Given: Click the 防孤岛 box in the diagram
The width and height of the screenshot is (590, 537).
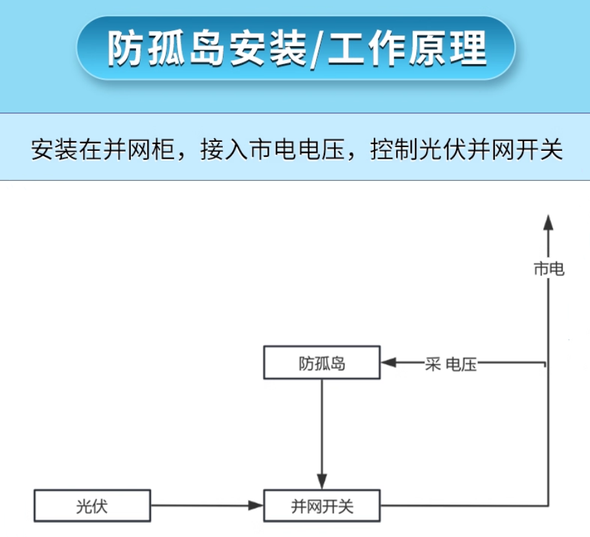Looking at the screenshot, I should point(321,363).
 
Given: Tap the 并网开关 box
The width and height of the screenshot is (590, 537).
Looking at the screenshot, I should point(321,506).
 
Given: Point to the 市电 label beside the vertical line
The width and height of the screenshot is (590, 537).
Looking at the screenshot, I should point(549,269).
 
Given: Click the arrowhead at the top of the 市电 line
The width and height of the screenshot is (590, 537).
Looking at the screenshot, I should point(549,222).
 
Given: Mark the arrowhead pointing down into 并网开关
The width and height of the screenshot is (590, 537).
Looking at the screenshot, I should point(322,482).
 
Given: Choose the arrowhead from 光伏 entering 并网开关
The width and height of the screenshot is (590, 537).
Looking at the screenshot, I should point(256,506).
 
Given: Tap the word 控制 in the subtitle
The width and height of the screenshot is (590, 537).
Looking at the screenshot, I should point(389,151).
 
